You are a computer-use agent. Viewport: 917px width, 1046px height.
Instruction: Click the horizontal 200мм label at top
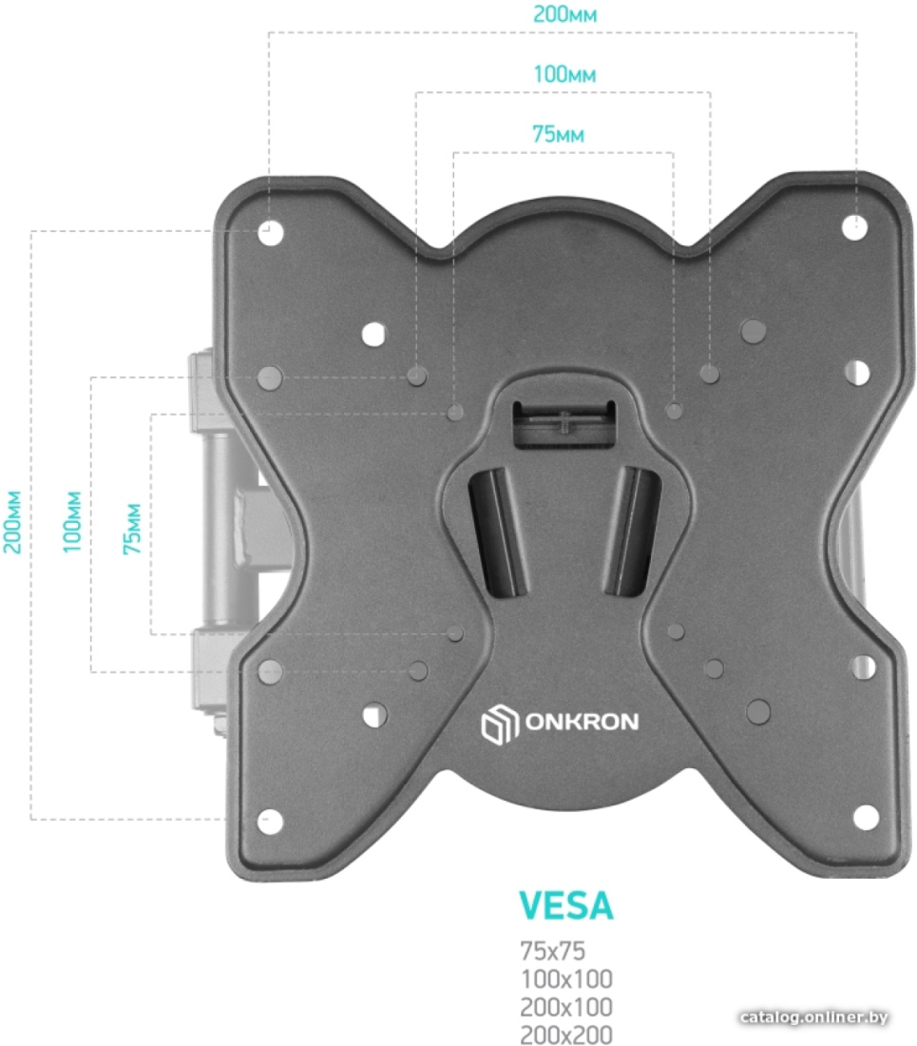[x=564, y=14]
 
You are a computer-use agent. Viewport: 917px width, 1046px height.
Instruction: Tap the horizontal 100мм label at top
[x=564, y=74]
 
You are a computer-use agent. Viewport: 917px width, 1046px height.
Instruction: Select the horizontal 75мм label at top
[x=559, y=134]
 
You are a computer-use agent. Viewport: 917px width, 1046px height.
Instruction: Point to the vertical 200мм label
[x=12, y=522]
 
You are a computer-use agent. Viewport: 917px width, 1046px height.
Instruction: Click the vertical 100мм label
[x=72, y=522]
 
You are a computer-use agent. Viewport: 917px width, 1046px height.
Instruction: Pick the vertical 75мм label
[x=133, y=529]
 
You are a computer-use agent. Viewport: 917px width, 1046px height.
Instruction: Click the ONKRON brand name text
[x=582, y=722]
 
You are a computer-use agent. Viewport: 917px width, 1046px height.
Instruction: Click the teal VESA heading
[x=565, y=905]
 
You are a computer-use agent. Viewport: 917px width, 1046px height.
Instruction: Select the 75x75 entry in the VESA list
[x=552, y=951]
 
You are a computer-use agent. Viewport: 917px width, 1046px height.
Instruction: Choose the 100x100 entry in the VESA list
[x=566, y=978]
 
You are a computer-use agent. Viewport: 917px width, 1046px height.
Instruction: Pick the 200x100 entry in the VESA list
[x=566, y=1007]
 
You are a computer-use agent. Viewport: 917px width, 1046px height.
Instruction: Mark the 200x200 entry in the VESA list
[x=566, y=1035]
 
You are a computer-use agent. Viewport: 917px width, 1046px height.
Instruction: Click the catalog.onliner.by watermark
[x=813, y=1017]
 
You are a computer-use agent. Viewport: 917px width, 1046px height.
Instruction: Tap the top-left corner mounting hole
[x=271, y=233]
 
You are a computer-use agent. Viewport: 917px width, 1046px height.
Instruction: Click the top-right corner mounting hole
[x=854, y=227]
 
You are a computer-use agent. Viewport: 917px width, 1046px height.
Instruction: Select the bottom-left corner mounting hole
[x=270, y=822]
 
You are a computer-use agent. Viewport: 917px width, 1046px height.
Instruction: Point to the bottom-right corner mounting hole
[x=866, y=817]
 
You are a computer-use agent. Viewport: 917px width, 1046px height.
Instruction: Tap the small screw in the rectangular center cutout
[x=564, y=422]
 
